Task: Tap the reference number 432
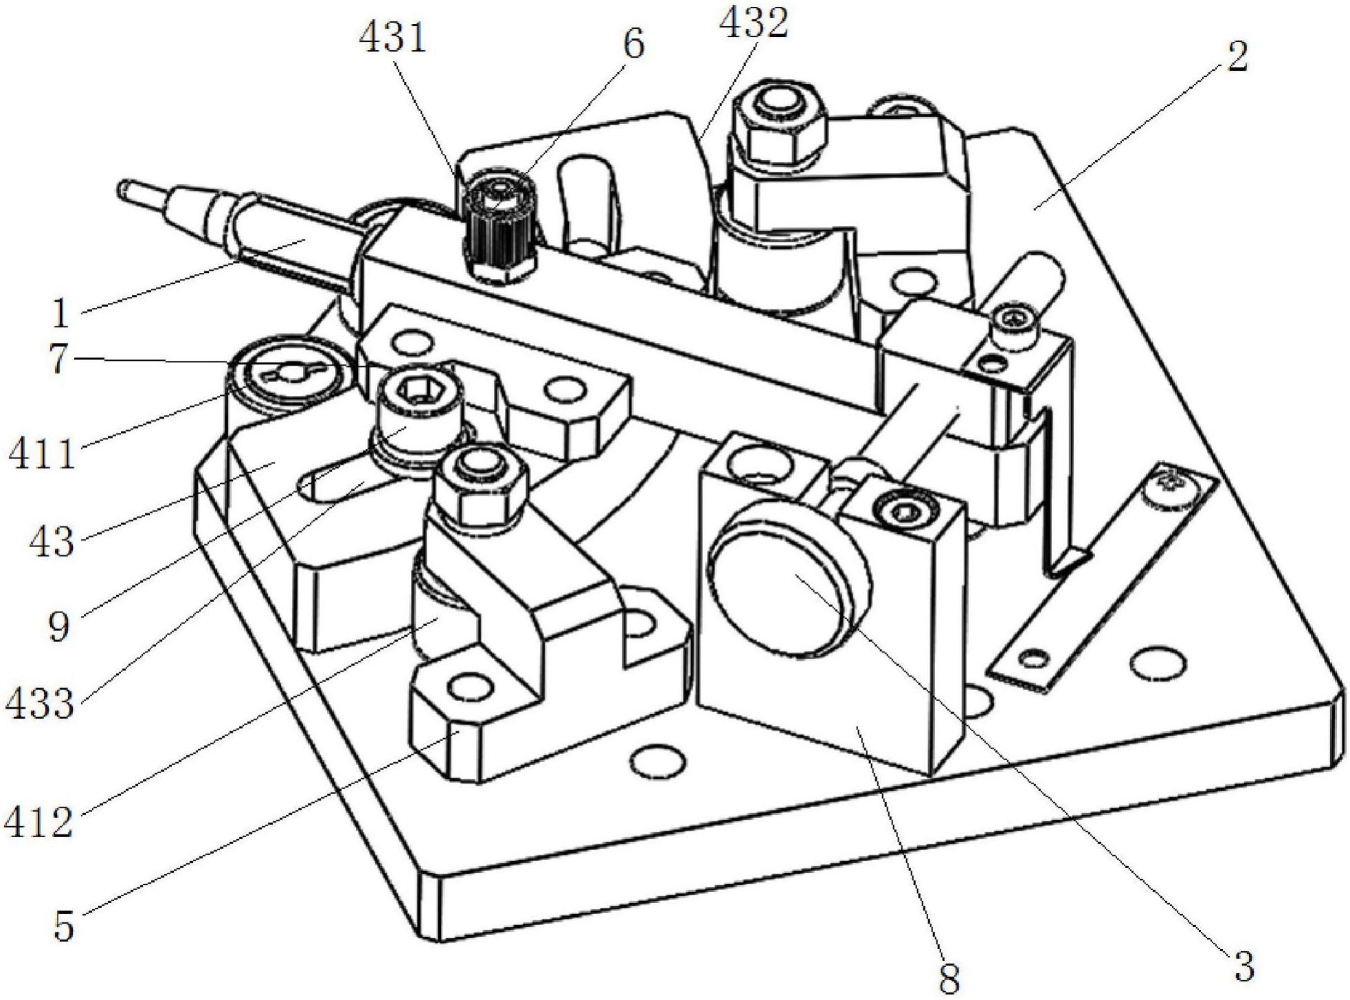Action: coord(753,23)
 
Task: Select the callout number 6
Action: coord(633,44)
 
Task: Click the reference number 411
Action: coord(41,454)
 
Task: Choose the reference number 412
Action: coord(38,822)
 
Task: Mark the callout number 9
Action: coord(60,626)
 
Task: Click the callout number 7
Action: coord(60,359)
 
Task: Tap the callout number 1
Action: coord(61,313)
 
